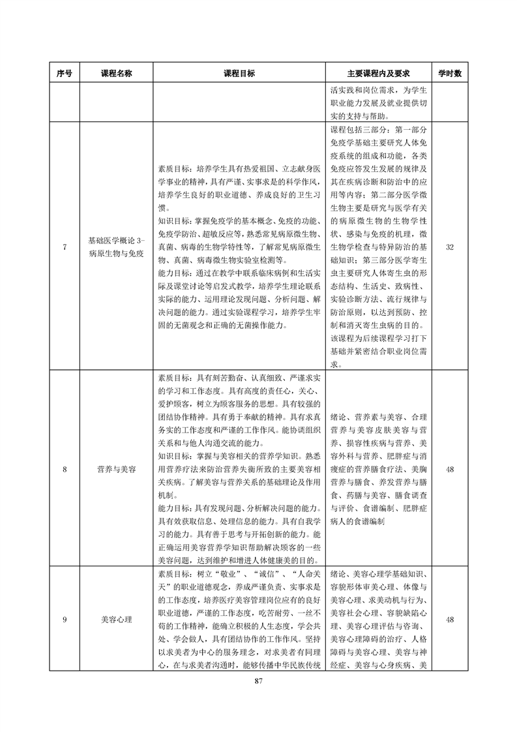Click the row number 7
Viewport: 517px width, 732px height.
pyautogui.click(x=65, y=248)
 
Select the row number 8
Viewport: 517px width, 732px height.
pyautogui.click(x=65, y=469)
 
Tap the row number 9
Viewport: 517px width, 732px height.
pyautogui.click(x=65, y=619)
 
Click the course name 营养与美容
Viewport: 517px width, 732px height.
pyautogui.click(x=116, y=469)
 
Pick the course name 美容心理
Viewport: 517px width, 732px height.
pyautogui.click(x=116, y=619)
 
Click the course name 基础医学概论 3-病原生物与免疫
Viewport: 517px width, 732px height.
pyautogui.click(x=116, y=248)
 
